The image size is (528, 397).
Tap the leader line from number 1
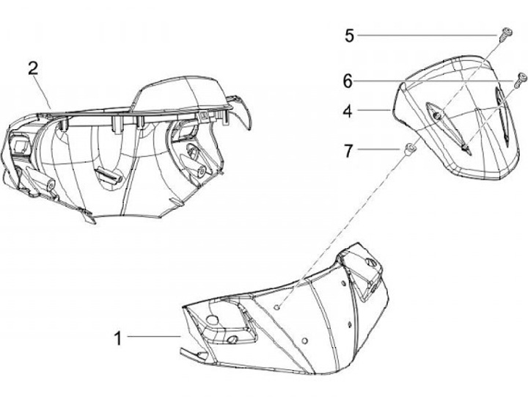pyautogui.click(x=154, y=337)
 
